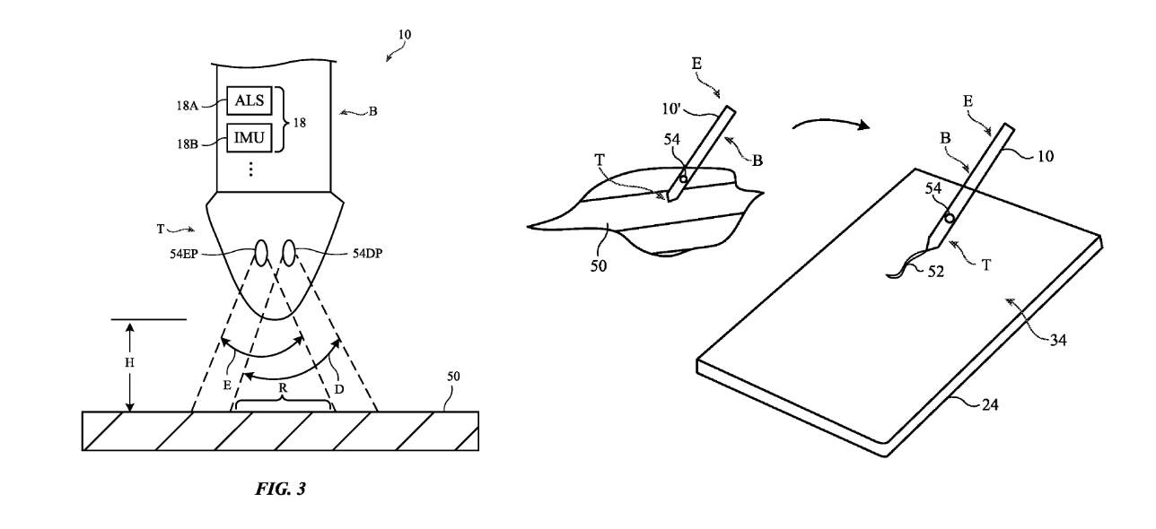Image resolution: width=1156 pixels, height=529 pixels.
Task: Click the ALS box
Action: point(250,100)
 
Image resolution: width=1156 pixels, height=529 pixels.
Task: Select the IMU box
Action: point(250,138)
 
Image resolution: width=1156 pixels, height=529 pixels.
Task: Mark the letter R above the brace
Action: point(283,390)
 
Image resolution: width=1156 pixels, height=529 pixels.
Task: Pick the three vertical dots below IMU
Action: point(250,169)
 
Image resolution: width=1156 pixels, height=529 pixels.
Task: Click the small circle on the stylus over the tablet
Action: point(948,219)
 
